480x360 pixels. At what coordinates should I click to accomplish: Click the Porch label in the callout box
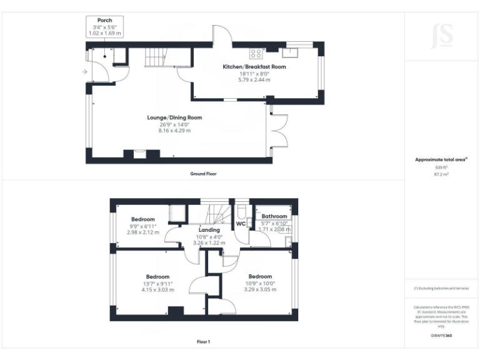104,20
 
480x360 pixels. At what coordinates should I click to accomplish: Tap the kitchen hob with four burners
256,52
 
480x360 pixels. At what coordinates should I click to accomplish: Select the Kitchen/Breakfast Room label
254,66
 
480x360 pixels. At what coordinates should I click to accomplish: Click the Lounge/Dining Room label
174,117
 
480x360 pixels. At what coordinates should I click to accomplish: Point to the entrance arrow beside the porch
84,72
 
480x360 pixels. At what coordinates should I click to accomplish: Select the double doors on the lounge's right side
277,131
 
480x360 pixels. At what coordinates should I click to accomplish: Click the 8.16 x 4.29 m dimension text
174,131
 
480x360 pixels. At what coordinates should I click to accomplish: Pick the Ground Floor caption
203,174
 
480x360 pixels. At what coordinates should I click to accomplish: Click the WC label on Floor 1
241,224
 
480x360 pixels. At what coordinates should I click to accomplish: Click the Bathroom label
274,216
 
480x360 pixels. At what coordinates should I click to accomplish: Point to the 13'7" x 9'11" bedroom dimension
157,283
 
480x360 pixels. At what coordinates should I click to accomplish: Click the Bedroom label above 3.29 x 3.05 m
260,276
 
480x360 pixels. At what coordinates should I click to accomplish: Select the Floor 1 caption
203,342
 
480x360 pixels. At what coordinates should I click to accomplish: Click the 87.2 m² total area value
441,174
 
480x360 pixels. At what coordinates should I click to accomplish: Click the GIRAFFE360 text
441,336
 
